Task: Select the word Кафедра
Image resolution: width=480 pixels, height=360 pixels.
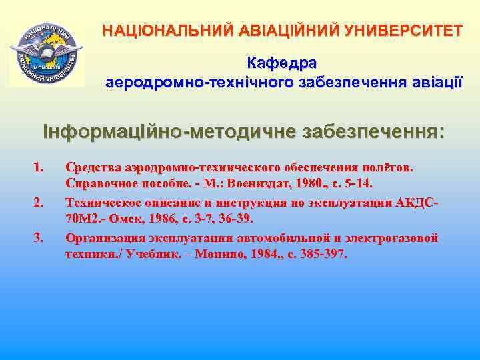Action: [282, 63]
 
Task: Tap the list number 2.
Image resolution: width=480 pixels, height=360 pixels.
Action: [37, 201]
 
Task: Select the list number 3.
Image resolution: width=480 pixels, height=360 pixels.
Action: [37, 237]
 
